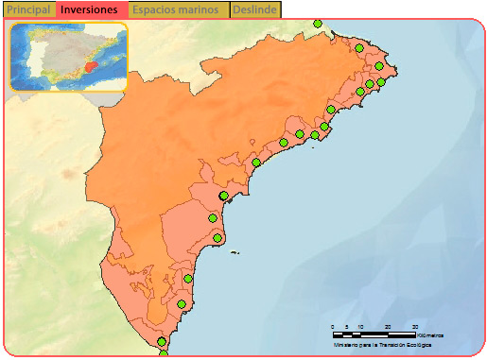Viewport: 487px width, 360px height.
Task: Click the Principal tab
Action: [x=28, y=9]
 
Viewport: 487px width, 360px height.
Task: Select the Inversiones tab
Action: [x=92, y=9]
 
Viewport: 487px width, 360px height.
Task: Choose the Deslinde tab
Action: [x=254, y=9]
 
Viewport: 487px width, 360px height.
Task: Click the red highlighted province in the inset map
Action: [x=90, y=67]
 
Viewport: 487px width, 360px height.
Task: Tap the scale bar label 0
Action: [x=333, y=327]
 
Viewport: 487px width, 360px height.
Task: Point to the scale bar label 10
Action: [x=360, y=327]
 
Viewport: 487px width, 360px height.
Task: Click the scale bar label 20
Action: [x=388, y=327]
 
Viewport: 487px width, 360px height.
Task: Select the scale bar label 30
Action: [x=414, y=327]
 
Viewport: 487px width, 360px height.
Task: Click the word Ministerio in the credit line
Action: [x=348, y=345]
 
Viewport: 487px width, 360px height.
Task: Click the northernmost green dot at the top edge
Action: [x=318, y=24]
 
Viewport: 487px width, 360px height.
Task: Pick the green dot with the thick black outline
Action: [x=224, y=196]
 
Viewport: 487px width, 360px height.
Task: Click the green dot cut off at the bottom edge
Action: [x=164, y=354]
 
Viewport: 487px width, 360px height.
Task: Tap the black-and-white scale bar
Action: [x=374, y=334]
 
